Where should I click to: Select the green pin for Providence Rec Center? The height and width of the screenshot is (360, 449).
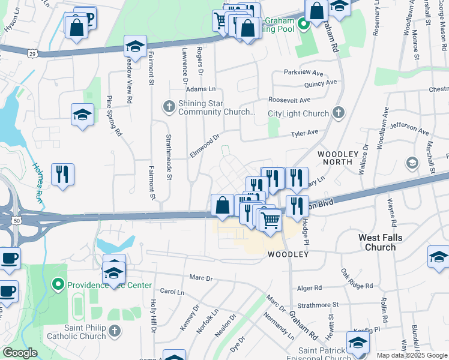58,283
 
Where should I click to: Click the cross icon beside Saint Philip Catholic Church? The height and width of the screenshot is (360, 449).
114,331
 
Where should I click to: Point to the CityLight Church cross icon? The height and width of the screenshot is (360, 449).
339,113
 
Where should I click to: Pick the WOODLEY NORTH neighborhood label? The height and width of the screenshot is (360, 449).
342,158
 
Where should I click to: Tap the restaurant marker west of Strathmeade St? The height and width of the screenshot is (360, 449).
62,175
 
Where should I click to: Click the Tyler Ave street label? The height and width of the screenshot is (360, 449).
304,133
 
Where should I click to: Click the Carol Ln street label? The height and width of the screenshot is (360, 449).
172,292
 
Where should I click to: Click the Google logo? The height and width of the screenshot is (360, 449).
20,353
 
